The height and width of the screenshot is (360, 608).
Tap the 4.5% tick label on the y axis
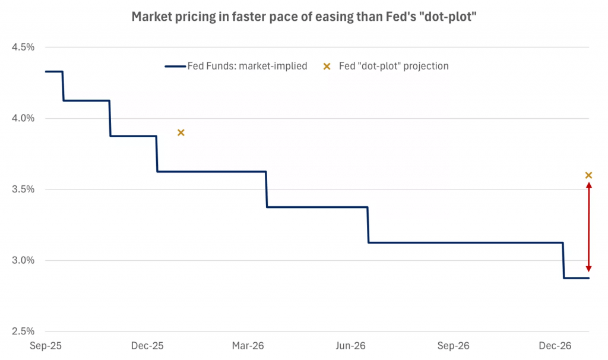pyautogui.click(x=23, y=47)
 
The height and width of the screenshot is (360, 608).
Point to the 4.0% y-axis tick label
pyautogui.click(x=23, y=118)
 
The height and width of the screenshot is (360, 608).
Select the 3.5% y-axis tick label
pyautogui.click(x=23, y=190)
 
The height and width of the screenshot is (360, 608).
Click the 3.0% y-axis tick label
pyautogui.click(x=23, y=260)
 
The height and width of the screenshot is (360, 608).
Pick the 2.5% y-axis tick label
pyautogui.click(x=23, y=331)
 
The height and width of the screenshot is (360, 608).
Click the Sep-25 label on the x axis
pyautogui.click(x=46, y=346)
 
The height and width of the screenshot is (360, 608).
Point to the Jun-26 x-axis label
pyautogui.click(x=350, y=346)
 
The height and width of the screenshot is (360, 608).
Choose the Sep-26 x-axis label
pyautogui.click(x=454, y=346)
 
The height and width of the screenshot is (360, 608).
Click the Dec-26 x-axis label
pyautogui.click(x=555, y=346)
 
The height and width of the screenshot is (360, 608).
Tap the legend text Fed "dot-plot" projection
pyautogui.click(x=394, y=66)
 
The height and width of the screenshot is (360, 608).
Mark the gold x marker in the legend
pyautogui.click(x=327, y=66)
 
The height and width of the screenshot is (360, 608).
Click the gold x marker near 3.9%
pyautogui.click(x=181, y=132)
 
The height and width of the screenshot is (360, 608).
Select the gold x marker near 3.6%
pyautogui.click(x=588, y=175)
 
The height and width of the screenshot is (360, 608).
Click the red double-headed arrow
pyautogui.click(x=588, y=226)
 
